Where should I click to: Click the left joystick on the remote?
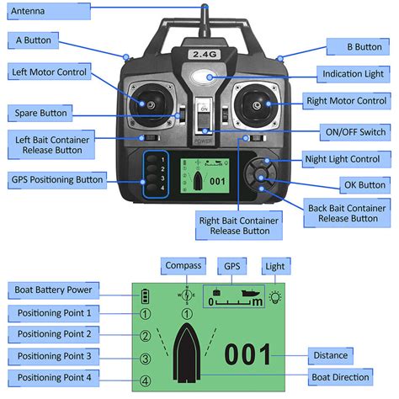149,105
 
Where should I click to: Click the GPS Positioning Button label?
57,179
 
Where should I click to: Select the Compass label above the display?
182,265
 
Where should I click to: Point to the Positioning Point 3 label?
54,355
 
